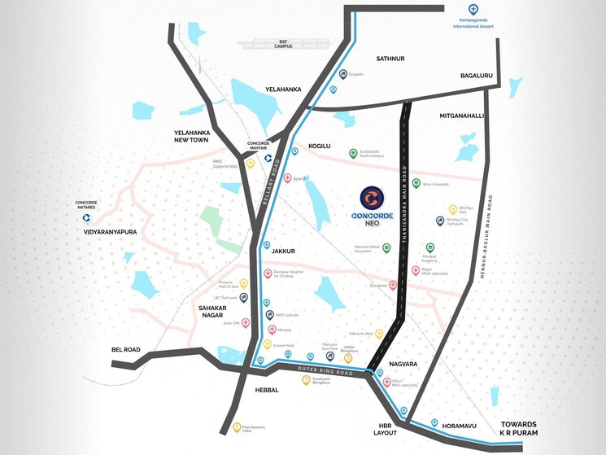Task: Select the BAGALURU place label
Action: coord(477,76)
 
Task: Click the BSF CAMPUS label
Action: coord(260,44)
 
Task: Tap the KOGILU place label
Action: coord(320,146)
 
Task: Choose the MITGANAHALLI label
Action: coord(461,116)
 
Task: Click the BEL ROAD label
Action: coord(126,350)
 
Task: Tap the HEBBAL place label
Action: coord(267,390)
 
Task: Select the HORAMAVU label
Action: coord(457,425)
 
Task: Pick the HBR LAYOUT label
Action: coord(386,429)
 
